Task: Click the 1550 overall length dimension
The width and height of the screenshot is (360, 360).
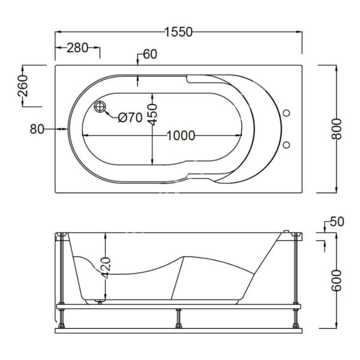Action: [179, 32]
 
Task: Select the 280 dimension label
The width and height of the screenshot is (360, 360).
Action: [77, 48]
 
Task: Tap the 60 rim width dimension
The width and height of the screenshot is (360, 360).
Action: [150, 55]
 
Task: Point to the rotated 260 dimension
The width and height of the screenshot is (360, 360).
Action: [23, 86]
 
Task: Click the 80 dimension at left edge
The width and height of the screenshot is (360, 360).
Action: [37, 129]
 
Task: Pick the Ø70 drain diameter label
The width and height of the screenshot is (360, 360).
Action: [130, 118]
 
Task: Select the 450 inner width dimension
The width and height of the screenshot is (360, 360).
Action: [152, 115]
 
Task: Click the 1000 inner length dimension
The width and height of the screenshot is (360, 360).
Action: [181, 136]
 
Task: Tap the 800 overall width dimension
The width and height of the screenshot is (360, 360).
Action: [337, 129]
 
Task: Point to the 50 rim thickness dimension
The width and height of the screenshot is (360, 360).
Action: [337, 222]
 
